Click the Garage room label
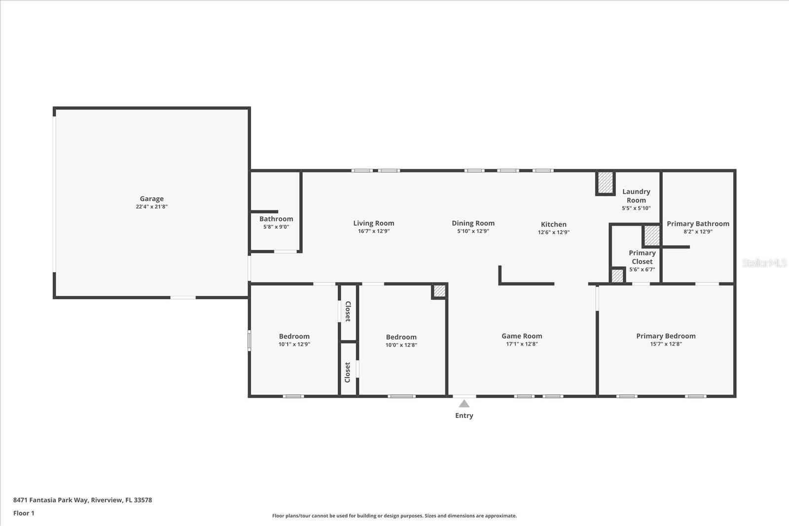[151, 199]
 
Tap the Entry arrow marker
[464, 403]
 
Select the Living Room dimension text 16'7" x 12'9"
[374, 231]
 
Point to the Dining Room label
[473, 223]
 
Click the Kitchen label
[554, 224]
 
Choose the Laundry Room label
[636, 196]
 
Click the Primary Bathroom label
[698, 224]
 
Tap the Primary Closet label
[642, 257]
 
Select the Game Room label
[522, 336]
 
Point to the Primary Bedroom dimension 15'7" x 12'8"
[666, 344]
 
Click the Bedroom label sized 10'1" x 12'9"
[294, 336]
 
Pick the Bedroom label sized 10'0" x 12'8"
[401, 337]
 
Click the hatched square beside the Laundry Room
[606, 182]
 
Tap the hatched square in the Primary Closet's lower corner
[617, 275]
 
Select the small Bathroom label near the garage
[276, 219]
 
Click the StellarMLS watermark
[764, 263]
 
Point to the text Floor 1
[24, 513]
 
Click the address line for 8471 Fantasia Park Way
[82, 500]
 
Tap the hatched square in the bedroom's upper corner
[439, 291]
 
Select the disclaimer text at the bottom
[394, 516]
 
